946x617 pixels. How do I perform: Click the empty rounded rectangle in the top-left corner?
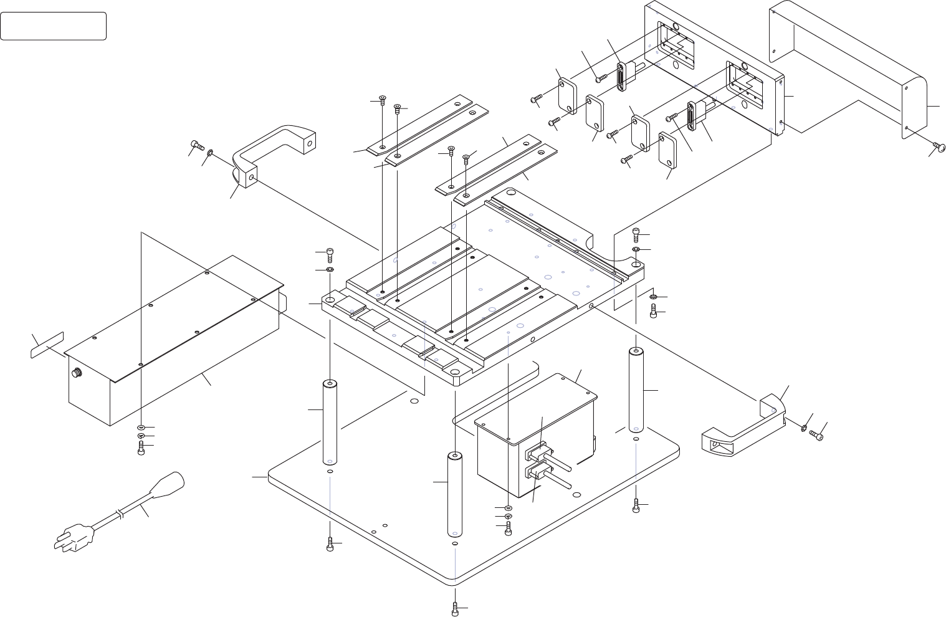53,26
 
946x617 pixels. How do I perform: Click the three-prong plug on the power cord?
74,538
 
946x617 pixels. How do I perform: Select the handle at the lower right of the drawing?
742,424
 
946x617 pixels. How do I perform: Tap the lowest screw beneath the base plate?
456,608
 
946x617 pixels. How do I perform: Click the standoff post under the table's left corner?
330,421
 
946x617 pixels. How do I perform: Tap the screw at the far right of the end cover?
939,145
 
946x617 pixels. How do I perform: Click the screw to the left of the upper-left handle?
196,146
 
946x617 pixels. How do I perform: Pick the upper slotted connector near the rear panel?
621,76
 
